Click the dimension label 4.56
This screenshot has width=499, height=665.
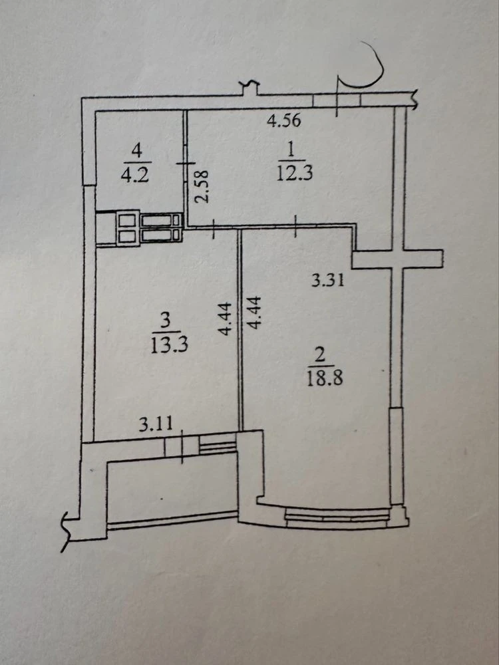(283, 120)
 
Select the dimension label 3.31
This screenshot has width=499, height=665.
(327, 281)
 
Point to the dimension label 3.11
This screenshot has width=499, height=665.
(156, 424)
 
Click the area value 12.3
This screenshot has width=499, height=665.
(295, 173)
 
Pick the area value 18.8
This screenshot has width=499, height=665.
(325, 377)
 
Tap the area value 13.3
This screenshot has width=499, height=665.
(169, 345)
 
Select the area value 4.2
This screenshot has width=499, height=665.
(135, 175)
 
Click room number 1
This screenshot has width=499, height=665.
(291, 150)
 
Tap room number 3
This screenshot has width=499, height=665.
(166, 321)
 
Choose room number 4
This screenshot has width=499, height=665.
(136, 150)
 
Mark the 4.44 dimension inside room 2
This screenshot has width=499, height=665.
(255, 313)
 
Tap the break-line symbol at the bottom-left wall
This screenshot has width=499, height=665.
(65, 531)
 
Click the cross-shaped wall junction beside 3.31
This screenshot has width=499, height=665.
(398, 259)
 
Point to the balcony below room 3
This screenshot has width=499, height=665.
(172, 492)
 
